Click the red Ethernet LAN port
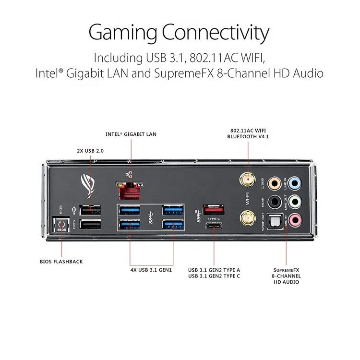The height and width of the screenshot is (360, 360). (129, 191)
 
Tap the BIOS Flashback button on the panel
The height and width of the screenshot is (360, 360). (61, 224)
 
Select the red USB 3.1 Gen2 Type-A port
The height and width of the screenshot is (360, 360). (214, 210)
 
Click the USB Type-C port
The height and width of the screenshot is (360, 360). (214, 227)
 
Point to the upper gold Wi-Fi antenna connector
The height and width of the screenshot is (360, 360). (248, 180)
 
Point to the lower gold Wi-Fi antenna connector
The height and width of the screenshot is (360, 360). (248, 218)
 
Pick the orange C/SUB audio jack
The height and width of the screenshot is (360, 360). (275, 183)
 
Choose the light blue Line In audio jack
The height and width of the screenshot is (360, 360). (295, 183)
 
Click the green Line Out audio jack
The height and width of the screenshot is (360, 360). (295, 202)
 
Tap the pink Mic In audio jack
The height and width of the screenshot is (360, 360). (295, 220)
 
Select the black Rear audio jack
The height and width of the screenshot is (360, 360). (275, 202)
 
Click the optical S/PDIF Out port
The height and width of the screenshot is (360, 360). (275, 221)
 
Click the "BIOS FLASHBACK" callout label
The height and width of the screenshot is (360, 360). (61, 262)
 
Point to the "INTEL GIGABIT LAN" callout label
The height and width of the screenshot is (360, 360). (131, 134)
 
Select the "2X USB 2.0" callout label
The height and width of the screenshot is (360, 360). (90, 151)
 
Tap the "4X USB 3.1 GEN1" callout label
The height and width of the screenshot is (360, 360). (151, 270)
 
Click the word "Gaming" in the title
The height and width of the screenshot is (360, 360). (123, 33)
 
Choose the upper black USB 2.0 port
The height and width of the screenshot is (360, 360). (90, 210)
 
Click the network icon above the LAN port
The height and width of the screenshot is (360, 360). (129, 175)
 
